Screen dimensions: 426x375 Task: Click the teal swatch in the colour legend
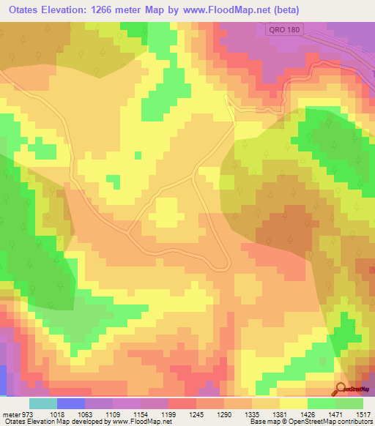[43, 404]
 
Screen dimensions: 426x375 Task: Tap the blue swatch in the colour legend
[71, 404]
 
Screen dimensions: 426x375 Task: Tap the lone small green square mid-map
[138, 154]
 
